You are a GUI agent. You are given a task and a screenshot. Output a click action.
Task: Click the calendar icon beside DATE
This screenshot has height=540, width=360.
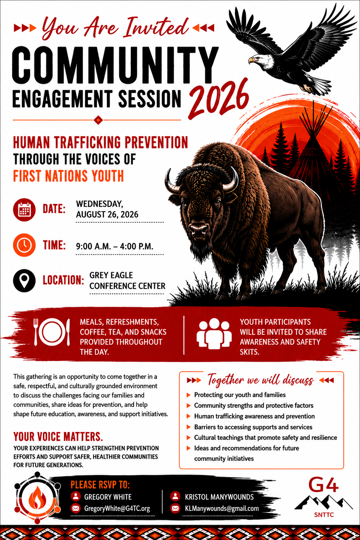(x=24, y=210)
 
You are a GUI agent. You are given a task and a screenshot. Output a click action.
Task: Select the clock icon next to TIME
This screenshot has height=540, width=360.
(x=24, y=245)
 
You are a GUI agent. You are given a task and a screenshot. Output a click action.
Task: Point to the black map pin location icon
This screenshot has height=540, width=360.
(x=24, y=281)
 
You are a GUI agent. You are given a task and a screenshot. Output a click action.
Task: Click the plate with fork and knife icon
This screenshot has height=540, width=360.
(x=52, y=332)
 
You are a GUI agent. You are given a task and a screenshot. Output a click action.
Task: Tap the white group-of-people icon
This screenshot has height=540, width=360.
(x=214, y=333)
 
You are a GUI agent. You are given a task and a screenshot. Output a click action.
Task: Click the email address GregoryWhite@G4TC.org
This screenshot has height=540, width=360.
(x=117, y=508)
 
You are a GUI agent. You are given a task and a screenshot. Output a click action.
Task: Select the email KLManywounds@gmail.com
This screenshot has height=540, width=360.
(x=222, y=508)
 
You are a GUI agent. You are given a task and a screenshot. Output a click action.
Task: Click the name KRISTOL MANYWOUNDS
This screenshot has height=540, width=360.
(x=219, y=497)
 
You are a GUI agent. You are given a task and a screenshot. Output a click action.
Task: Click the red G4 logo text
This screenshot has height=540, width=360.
(x=323, y=485)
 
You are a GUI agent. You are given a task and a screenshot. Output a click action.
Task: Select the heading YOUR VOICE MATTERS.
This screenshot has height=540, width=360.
(x=58, y=437)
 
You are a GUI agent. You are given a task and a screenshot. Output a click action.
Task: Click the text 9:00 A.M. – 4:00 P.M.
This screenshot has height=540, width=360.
(x=115, y=246)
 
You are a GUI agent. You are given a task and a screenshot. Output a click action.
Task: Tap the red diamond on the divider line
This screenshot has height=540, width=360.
(x=98, y=120)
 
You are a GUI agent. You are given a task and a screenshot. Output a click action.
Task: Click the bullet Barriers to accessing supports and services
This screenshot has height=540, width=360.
(x=253, y=427)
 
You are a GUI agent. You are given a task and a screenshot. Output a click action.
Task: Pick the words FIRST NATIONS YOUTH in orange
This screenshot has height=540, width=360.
(x=69, y=176)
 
